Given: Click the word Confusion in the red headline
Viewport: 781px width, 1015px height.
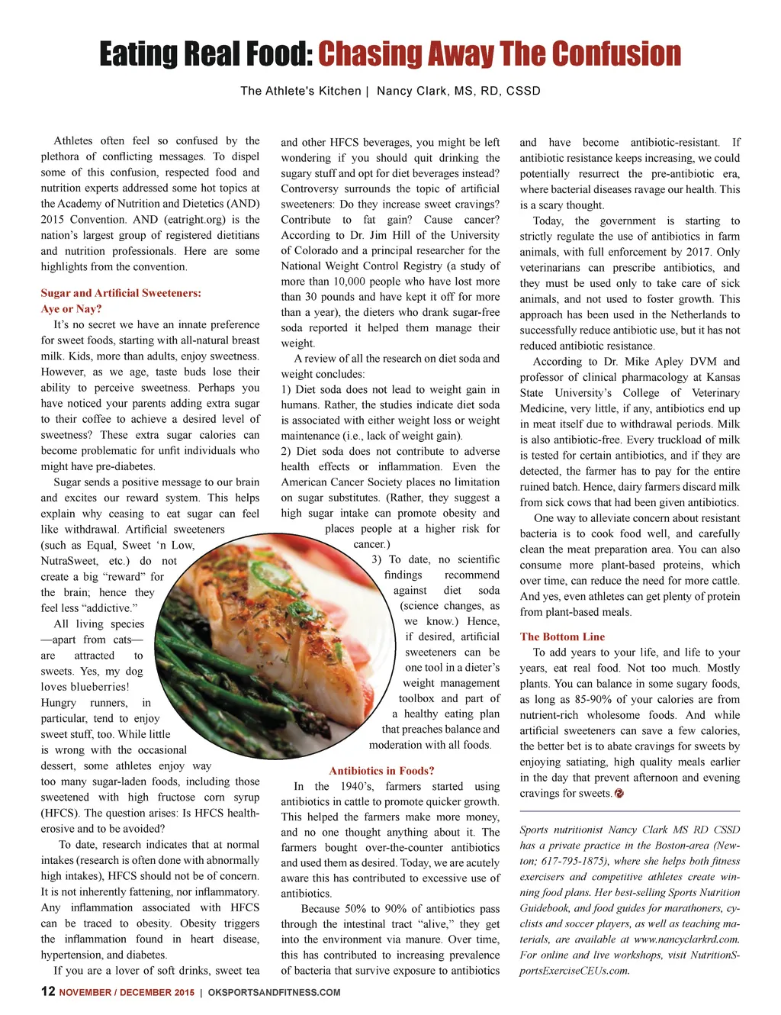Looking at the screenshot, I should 616,54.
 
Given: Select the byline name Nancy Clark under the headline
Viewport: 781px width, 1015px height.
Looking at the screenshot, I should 411,91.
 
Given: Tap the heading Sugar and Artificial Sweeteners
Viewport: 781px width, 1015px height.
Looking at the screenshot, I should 121,293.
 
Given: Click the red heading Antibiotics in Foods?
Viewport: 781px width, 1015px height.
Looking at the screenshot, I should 381,771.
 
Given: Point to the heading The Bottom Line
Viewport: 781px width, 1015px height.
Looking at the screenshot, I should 562,636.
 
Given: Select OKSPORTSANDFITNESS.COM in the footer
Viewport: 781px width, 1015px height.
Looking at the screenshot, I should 274,992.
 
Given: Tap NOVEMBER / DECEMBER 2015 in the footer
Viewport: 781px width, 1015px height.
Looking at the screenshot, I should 127,992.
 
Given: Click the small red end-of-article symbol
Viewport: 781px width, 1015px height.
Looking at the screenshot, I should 619,794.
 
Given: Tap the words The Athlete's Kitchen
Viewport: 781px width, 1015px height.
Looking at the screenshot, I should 301,91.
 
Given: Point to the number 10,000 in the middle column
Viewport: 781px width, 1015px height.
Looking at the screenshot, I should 351,282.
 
